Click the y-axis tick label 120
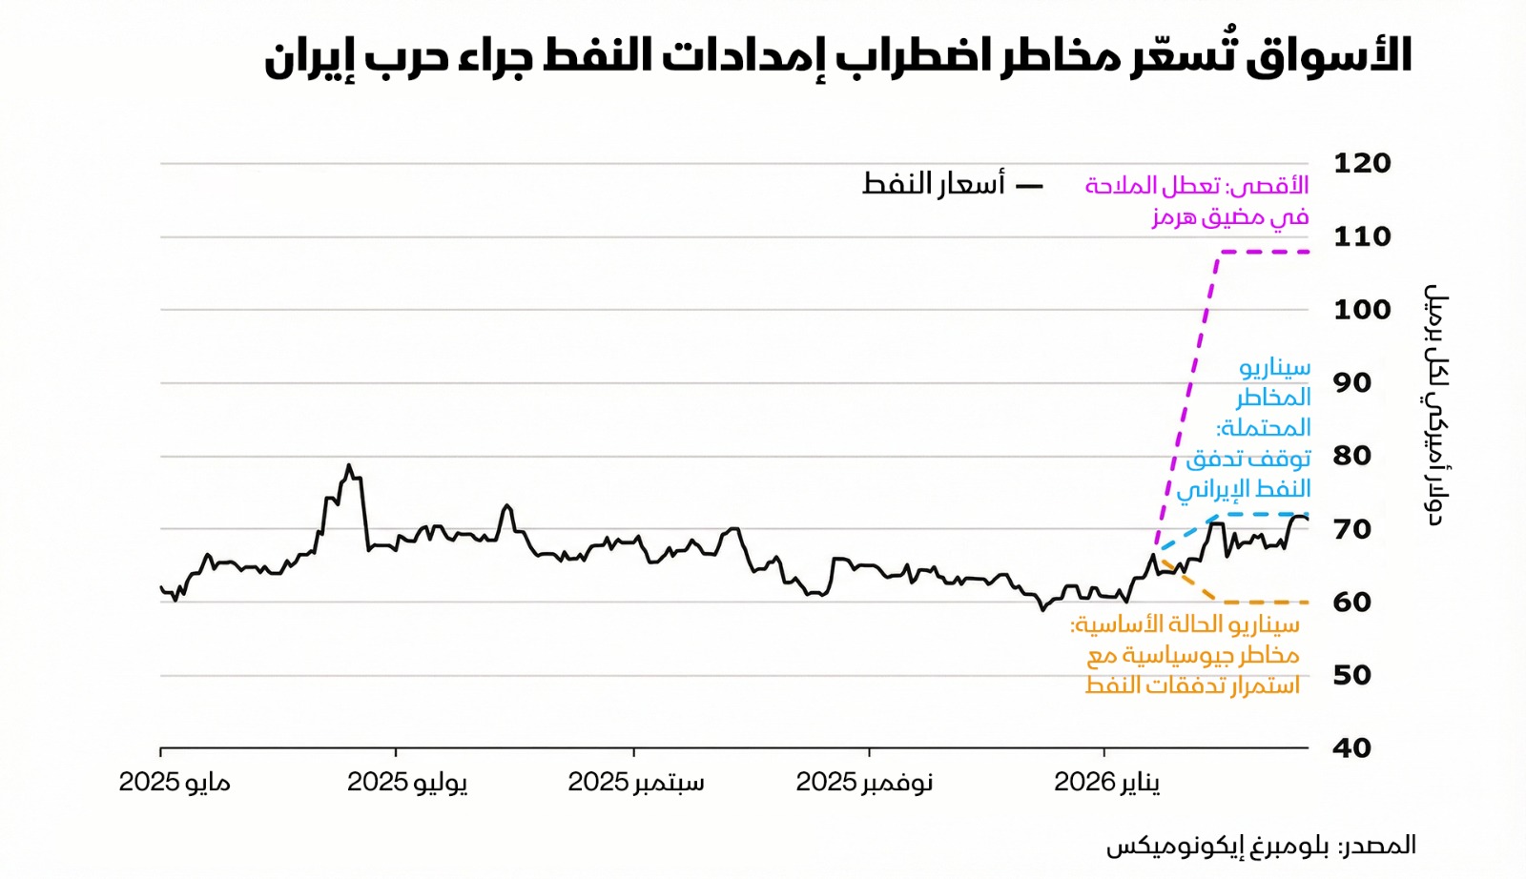click(1361, 163)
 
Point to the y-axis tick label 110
click(1361, 236)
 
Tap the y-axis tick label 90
click(1351, 383)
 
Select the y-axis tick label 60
click(1351, 603)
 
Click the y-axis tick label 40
click(1351, 748)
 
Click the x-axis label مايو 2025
click(175, 783)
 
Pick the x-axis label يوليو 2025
click(407, 783)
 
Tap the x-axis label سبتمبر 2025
click(636, 783)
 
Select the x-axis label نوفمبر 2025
click(864, 783)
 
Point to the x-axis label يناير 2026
click(1107, 783)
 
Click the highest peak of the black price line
click(349, 466)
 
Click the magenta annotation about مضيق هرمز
click(1198, 200)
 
